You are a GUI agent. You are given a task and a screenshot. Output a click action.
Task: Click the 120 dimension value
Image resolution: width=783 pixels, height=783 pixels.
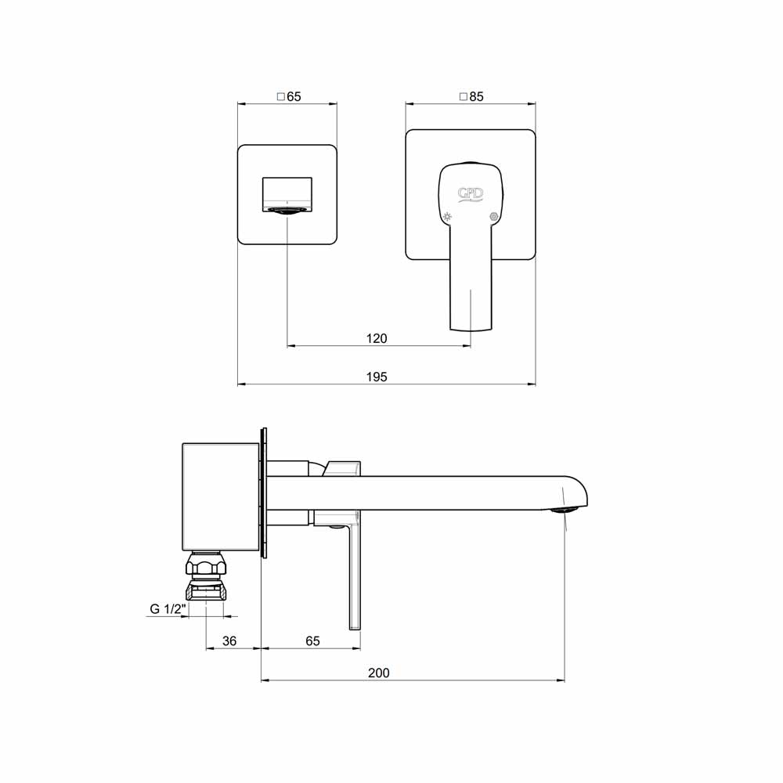377,338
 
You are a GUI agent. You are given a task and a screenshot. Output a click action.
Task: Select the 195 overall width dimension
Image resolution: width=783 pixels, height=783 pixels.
377,377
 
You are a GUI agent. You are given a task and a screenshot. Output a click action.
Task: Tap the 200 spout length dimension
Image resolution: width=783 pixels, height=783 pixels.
378,673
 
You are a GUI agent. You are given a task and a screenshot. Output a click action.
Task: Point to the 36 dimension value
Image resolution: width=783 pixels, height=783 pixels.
229,641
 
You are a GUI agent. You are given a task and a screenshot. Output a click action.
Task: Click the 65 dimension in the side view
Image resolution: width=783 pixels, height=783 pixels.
312,641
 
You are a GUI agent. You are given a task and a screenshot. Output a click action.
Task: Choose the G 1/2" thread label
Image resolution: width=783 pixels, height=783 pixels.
168,609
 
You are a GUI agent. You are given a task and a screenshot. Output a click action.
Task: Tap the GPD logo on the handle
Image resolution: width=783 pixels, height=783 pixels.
471,193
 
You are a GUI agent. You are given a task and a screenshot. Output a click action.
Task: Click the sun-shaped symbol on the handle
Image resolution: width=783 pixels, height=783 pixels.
447,217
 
